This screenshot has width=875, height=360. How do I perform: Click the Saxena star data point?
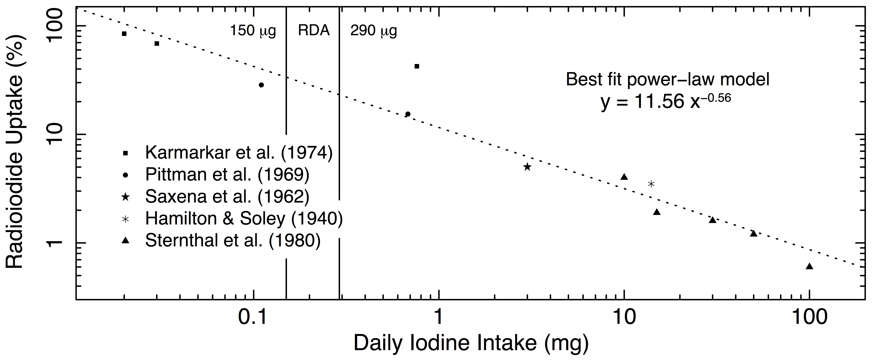coord(527,167)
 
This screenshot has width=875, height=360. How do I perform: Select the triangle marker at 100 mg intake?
coord(809,266)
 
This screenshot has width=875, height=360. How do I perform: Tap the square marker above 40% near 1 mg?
coord(417,66)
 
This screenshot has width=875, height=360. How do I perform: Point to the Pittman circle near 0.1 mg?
coord(261,85)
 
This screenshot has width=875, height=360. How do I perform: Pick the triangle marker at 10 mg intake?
coord(624,177)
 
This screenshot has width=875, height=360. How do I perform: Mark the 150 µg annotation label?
coord(253,31)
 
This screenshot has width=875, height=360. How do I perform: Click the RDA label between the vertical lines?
coord(313,31)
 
